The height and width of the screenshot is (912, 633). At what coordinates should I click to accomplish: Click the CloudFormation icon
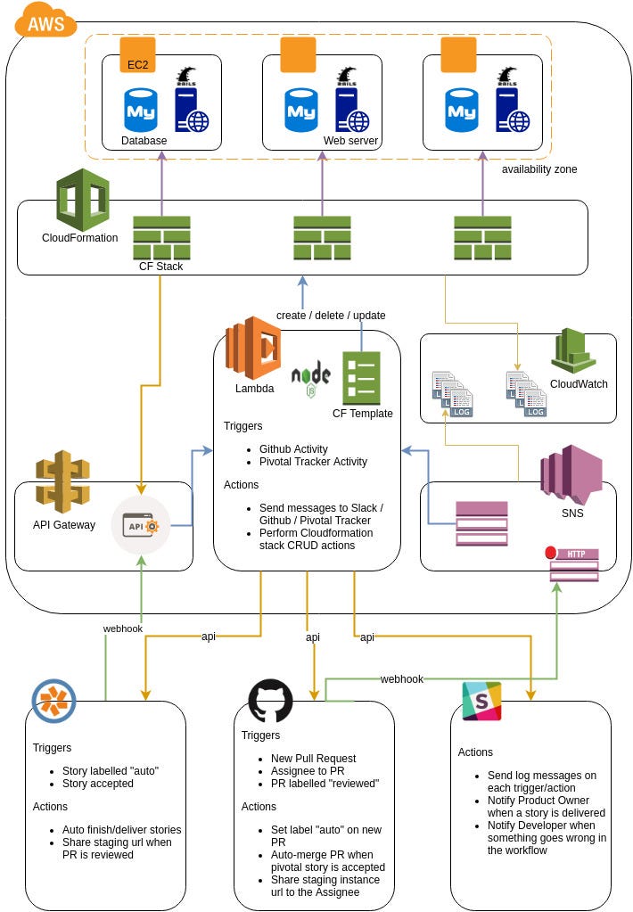[82, 201]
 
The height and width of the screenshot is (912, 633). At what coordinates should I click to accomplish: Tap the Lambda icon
[253, 348]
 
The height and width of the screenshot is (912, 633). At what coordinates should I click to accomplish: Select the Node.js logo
[310, 377]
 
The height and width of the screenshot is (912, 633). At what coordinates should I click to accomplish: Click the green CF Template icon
[361, 378]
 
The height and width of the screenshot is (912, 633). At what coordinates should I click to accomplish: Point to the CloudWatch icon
[573, 351]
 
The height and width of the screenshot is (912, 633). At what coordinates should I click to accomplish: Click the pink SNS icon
[571, 470]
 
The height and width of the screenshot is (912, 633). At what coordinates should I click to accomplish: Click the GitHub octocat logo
[270, 701]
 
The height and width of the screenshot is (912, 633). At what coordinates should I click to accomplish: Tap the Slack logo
[481, 701]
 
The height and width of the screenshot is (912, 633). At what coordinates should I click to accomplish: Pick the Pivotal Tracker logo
[53, 701]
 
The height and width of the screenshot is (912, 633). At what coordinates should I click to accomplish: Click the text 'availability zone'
[538, 169]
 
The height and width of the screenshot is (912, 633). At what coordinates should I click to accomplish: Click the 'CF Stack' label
[160, 267]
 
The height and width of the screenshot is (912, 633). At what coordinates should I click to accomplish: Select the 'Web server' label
[351, 141]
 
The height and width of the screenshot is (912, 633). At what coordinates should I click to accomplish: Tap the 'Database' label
[144, 141]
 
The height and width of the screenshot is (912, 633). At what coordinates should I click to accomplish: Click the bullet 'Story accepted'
[98, 784]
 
